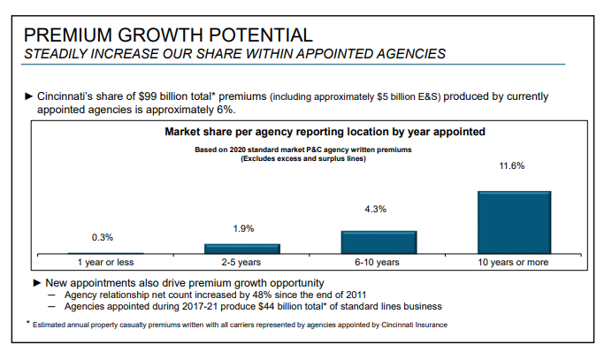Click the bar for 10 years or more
514,222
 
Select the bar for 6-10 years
379,242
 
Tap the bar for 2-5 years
242,249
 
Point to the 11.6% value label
513,165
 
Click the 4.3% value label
375,209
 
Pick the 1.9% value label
244,228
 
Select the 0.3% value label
103,238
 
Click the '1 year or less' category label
104,263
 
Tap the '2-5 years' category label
242,263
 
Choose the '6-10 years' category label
378,263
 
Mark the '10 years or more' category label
513,263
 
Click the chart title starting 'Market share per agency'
325,132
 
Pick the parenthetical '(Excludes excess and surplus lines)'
303,158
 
